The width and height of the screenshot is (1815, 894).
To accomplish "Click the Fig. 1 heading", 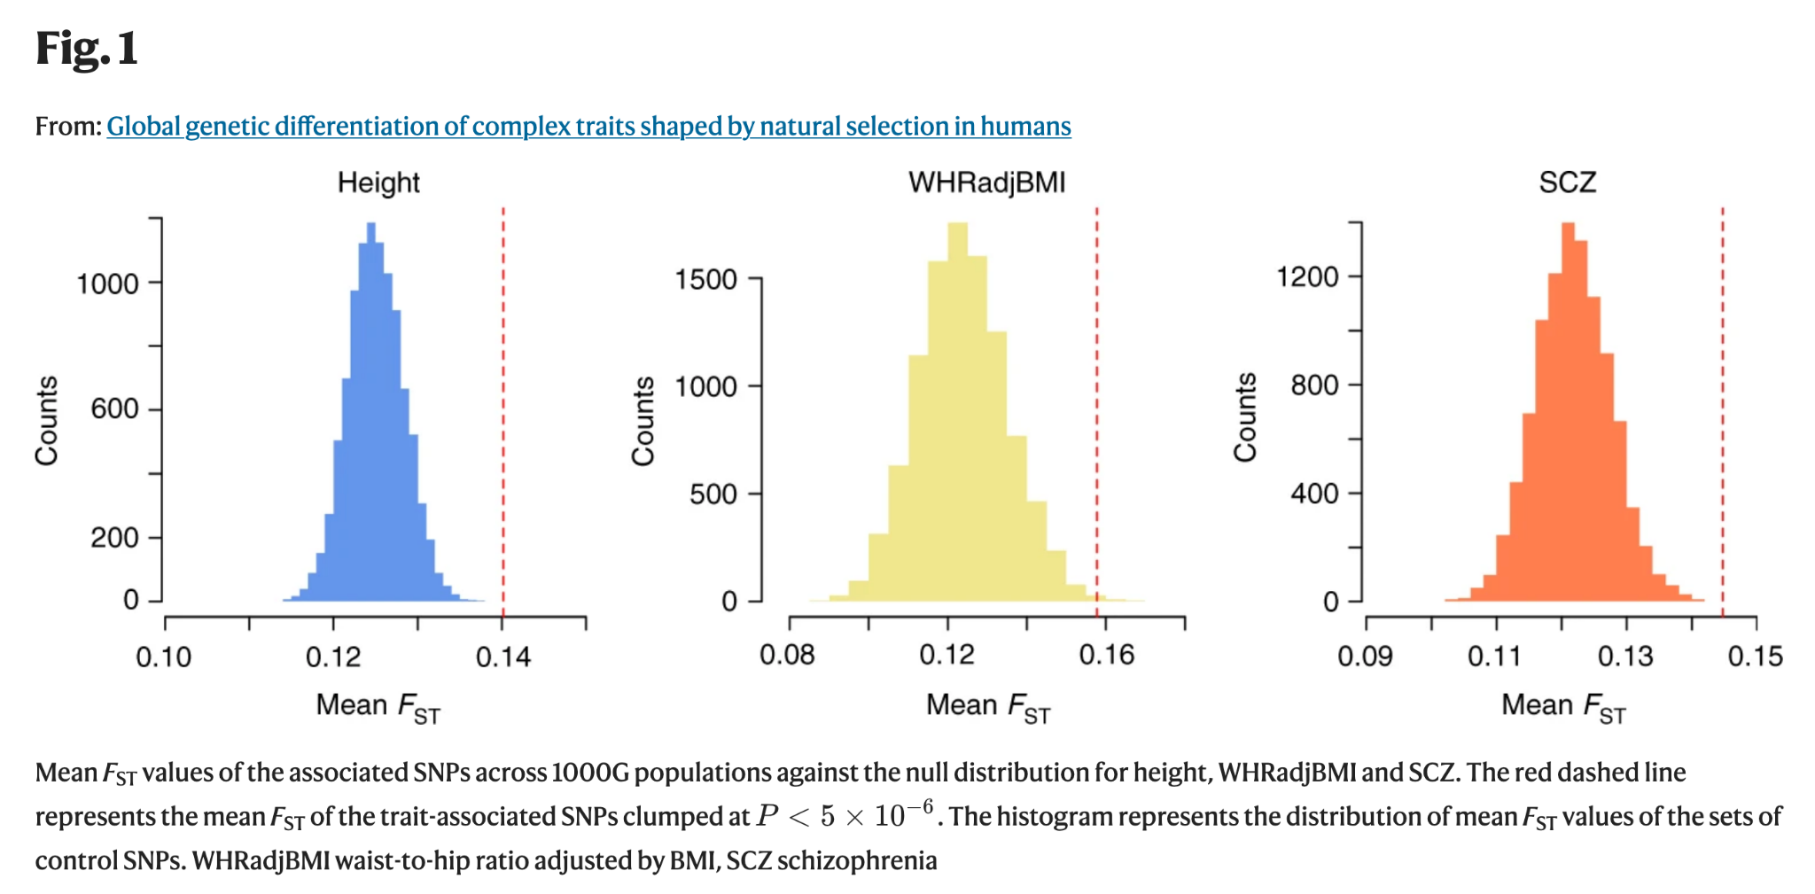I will (87, 48).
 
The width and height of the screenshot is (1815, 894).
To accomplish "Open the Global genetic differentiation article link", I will (588, 126).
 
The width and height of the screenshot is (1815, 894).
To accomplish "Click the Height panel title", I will (378, 183).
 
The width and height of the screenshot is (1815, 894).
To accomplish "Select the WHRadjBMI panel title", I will (986, 183).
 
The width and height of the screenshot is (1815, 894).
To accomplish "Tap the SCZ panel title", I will (1567, 183).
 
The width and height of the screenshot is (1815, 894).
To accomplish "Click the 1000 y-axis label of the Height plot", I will (107, 284).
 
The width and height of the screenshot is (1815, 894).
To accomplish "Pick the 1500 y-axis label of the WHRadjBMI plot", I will (705, 280).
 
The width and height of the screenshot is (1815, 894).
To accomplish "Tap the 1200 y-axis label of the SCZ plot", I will (1307, 277).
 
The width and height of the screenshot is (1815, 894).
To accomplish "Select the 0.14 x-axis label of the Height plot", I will (503, 657).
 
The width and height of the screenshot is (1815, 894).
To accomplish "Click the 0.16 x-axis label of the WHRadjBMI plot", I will (1106, 656).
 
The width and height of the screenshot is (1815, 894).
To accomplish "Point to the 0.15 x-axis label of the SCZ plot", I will (1755, 657).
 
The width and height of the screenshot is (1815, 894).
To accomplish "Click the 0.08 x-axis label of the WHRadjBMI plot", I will (787, 656).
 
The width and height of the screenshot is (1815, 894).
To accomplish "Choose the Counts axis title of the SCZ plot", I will (1245, 416).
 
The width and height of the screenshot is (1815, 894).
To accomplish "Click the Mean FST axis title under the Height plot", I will (378, 707).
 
